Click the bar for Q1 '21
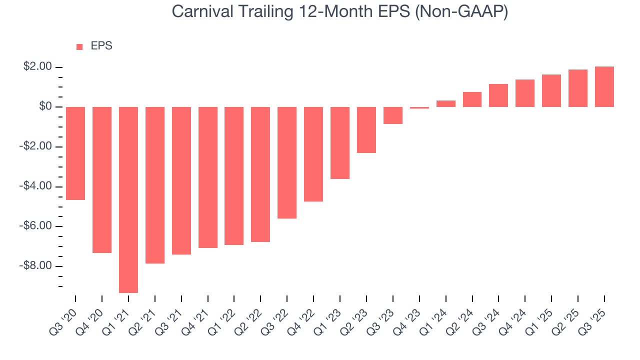point(128,199)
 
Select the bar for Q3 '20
point(75,153)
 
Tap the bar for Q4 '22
point(313,154)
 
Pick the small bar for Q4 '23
point(419,107)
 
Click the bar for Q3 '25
point(604,87)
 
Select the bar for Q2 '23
point(366,130)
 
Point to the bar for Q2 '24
point(472,99)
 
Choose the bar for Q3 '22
point(287,162)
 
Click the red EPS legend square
point(79,47)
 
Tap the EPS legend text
point(101,46)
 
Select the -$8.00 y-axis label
point(35,266)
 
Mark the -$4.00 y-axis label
point(35,186)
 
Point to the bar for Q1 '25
point(551,91)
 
